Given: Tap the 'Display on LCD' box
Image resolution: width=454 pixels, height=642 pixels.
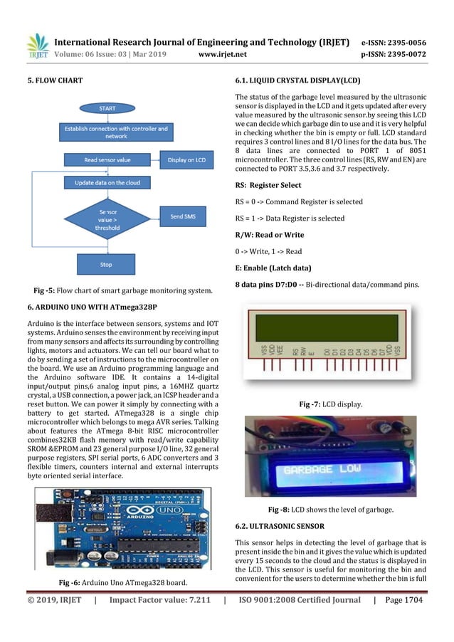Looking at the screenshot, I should (x=186, y=161).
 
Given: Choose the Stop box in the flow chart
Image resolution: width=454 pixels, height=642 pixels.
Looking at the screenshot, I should (x=105, y=265).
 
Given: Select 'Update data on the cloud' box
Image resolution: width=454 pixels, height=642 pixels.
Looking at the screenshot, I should (x=107, y=183).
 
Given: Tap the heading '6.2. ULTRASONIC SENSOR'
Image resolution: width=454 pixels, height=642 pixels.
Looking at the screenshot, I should (x=280, y=526).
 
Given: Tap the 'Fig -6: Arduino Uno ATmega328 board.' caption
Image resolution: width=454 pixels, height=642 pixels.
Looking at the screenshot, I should (x=123, y=583).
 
